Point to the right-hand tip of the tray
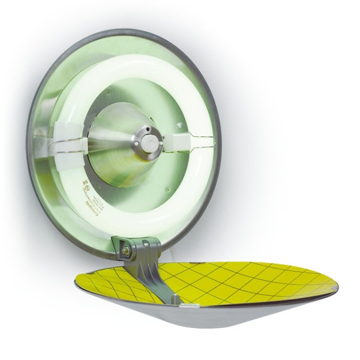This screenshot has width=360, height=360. [338, 281]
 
